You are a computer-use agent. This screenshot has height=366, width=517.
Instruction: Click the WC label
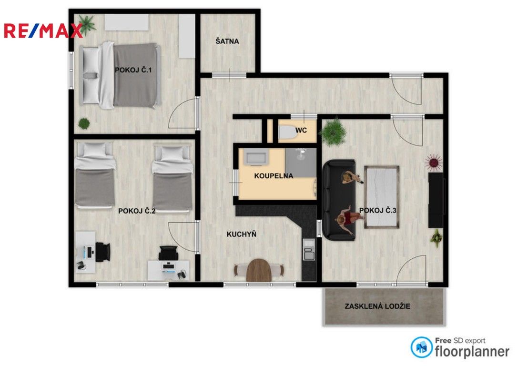tap(301, 130)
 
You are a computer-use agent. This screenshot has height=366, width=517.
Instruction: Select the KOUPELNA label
tap(274, 175)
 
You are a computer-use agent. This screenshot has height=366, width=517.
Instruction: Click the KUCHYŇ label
tap(242, 234)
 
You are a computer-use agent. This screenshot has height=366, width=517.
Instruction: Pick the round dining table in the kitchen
tap(259, 270)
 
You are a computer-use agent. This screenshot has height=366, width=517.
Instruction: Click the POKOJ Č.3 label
tap(378, 210)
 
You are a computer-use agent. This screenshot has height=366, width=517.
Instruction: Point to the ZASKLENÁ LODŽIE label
tap(377, 306)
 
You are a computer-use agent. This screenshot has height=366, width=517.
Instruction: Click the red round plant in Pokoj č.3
tap(434, 162)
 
